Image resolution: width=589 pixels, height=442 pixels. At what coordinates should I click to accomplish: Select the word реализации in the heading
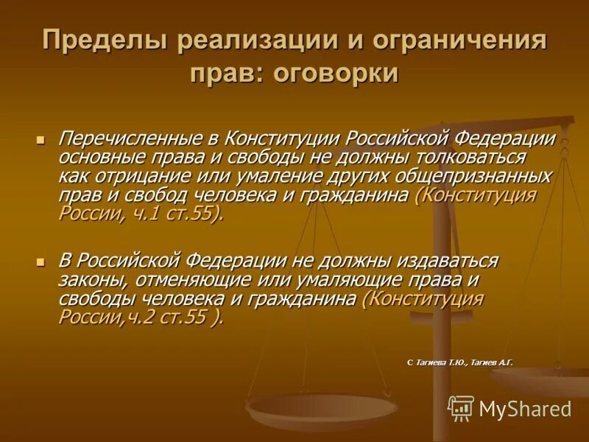[x=237, y=41]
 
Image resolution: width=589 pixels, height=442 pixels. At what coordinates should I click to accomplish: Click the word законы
[x=87, y=280]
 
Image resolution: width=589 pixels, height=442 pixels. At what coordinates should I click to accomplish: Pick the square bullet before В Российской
[x=40, y=262]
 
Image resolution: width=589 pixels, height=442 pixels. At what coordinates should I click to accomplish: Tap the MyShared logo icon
[x=461, y=408]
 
